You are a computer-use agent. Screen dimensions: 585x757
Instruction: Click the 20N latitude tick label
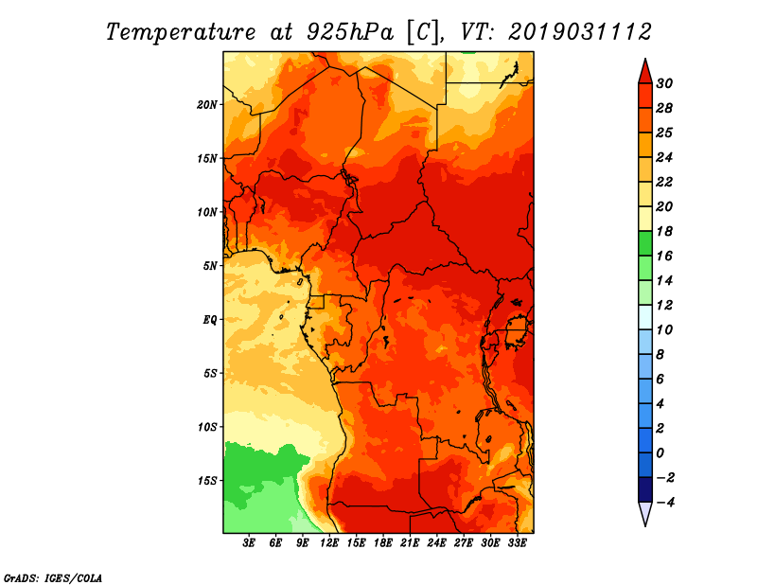coord(207,104)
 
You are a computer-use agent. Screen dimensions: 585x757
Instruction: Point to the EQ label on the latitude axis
coord(209,319)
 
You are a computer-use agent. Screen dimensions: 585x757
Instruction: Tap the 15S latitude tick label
coord(207,480)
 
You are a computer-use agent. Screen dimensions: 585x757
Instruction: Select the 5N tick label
coord(210,265)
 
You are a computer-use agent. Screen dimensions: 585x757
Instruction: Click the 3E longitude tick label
coord(250,543)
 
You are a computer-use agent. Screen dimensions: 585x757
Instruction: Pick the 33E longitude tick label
coord(517,543)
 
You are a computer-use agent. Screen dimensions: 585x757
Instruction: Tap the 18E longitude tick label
coord(383,543)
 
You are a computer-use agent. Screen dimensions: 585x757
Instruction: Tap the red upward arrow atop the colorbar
coord(644,70)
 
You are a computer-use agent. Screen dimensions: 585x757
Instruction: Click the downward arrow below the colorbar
coord(644,513)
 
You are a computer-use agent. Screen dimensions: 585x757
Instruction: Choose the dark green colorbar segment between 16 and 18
coord(644,243)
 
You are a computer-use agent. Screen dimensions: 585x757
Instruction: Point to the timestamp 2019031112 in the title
coord(579,32)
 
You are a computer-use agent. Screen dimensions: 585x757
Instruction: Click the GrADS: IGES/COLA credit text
coord(52,576)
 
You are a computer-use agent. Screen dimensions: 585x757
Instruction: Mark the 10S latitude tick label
coord(207,426)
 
